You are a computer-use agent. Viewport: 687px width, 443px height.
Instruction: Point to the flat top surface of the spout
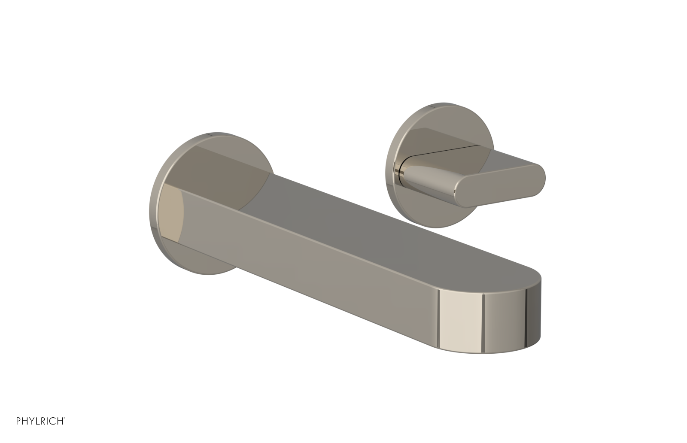point(386,219)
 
